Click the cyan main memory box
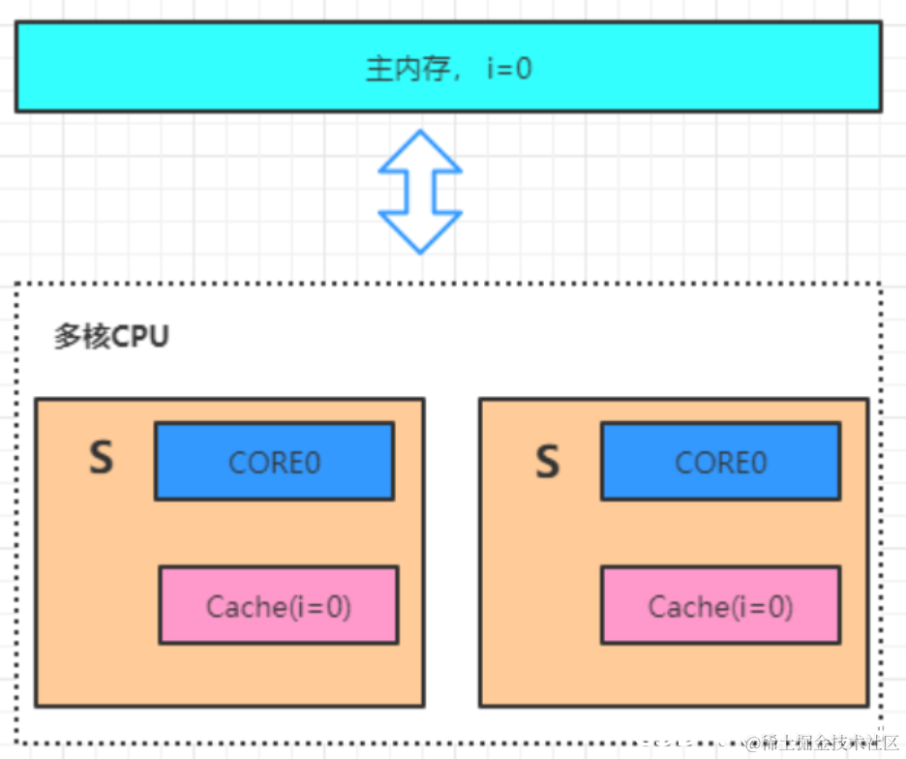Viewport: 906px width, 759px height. tap(194, 68)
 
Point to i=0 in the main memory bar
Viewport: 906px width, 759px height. tap(509, 69)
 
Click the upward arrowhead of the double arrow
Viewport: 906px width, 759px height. tap(420, 151)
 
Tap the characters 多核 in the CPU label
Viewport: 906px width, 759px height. tap(76, 337)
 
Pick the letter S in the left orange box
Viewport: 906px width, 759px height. tap(101, 459)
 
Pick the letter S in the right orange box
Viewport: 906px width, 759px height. tap(548, 463)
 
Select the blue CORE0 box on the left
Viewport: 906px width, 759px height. tap(274, 462)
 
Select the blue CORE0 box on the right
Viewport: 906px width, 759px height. tap(720, 462)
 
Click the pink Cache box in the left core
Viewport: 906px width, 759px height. tap(278, 606)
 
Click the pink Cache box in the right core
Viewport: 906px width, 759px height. tap(720, 606)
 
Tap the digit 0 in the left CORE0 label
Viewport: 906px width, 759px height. tap(311, 463)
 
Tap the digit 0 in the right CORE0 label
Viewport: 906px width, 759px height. tap(757, 463)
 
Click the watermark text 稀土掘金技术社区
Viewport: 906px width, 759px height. tap(829, 744)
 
